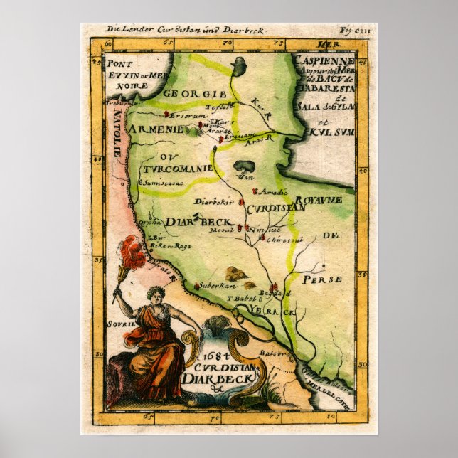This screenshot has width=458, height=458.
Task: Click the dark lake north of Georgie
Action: point(240,66)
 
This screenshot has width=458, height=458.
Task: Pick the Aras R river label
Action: point(262,142)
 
